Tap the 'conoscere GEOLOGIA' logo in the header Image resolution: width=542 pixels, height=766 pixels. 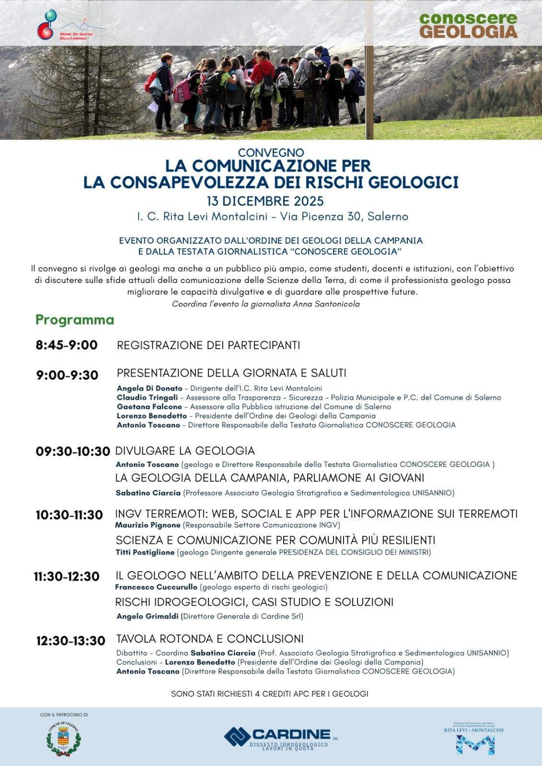(468, 25)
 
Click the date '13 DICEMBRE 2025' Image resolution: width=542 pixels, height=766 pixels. (265, 200)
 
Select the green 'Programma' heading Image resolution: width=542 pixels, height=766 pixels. (75, 320)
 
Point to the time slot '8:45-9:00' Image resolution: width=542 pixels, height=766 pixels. (67, 345)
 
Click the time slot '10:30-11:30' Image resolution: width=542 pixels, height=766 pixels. (69, 515)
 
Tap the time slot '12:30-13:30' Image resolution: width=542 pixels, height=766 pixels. (70, 641)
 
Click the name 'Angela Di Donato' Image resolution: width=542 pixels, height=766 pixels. (150, 388)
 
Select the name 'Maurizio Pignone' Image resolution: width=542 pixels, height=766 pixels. (148, 525)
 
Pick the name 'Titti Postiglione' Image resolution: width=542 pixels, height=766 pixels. (145, 552)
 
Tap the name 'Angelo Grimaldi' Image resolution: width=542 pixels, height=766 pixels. (148, 616)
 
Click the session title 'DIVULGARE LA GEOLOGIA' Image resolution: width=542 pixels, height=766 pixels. (185, 451)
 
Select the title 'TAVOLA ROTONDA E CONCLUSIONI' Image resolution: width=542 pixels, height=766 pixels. (210, 639)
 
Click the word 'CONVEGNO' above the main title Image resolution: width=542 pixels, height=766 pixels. (271, 153)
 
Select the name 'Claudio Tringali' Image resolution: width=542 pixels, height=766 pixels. (148, 397)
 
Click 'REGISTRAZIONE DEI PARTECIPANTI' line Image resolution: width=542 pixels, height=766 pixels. (208, 345)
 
